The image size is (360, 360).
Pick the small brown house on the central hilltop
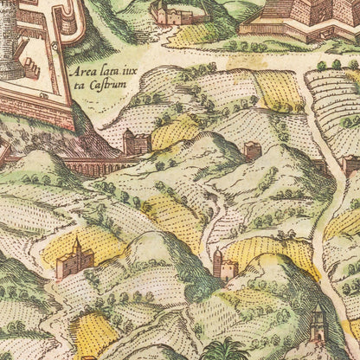252,151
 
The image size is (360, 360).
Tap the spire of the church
77,242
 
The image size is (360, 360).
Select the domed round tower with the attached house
222,266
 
